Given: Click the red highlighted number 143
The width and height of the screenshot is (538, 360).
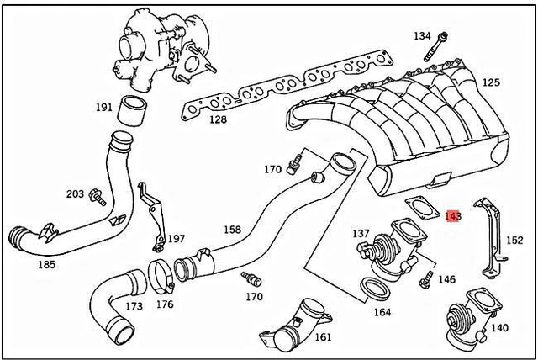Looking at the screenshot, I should point(453,216).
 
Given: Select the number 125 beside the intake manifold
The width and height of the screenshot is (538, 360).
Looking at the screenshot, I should point(490,82).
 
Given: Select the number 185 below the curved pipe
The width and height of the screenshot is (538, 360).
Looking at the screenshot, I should point(47,264).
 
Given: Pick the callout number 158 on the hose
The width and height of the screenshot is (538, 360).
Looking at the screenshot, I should point(231,229).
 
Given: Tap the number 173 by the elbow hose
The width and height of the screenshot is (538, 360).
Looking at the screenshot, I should point(134,306).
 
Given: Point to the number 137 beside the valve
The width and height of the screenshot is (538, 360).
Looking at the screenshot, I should point(361,233).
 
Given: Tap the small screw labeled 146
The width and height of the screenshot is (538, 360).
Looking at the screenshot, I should point(425,274).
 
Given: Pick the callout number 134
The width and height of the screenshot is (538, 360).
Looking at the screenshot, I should point(422,36).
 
